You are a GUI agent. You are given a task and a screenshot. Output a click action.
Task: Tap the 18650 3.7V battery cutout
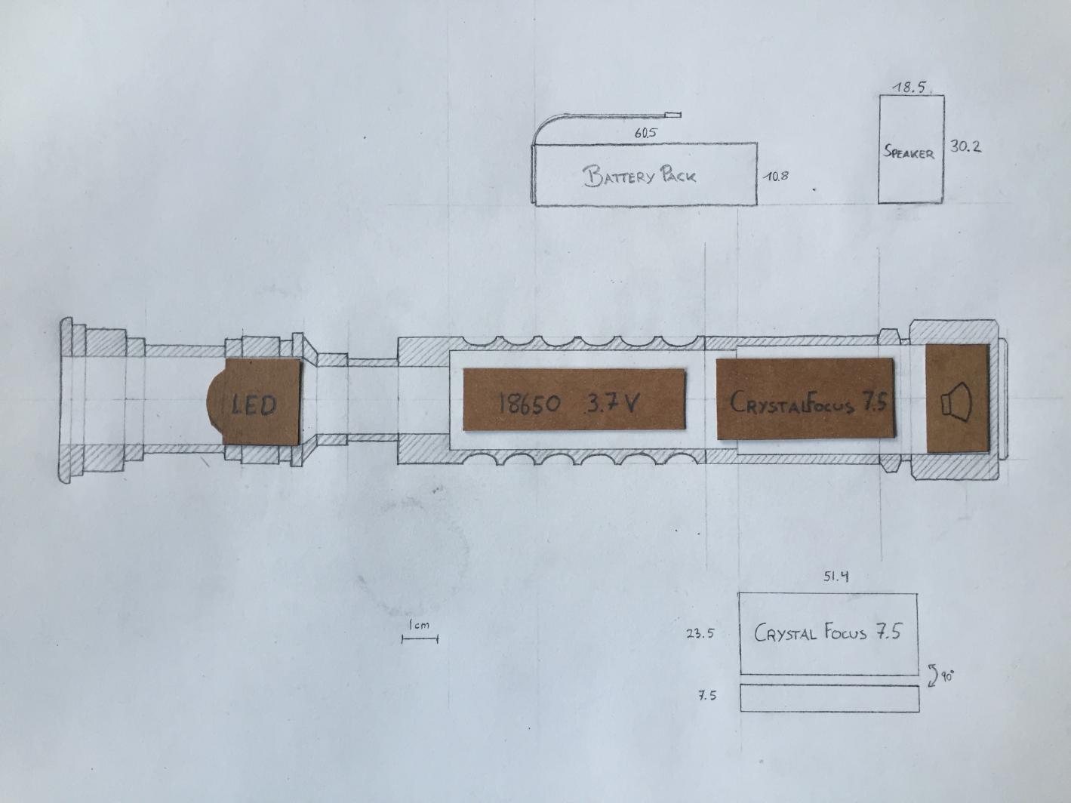coord(574,399)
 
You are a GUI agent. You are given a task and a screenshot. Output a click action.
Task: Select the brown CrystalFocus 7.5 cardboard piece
coord(805,398)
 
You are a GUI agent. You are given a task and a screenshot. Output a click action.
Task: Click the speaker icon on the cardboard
coord(956,401)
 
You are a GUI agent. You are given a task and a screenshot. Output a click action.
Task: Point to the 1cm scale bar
coord(420,638)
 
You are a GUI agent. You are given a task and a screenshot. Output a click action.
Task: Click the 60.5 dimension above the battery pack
coord(645,133)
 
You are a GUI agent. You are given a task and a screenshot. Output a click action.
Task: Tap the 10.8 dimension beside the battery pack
coord(776,176)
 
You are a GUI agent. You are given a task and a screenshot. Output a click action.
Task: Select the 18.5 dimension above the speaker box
coord(909,88)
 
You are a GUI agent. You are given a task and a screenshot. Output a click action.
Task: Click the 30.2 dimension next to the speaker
coord(965,146)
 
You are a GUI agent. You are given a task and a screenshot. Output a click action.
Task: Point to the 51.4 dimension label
coord(836,577)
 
